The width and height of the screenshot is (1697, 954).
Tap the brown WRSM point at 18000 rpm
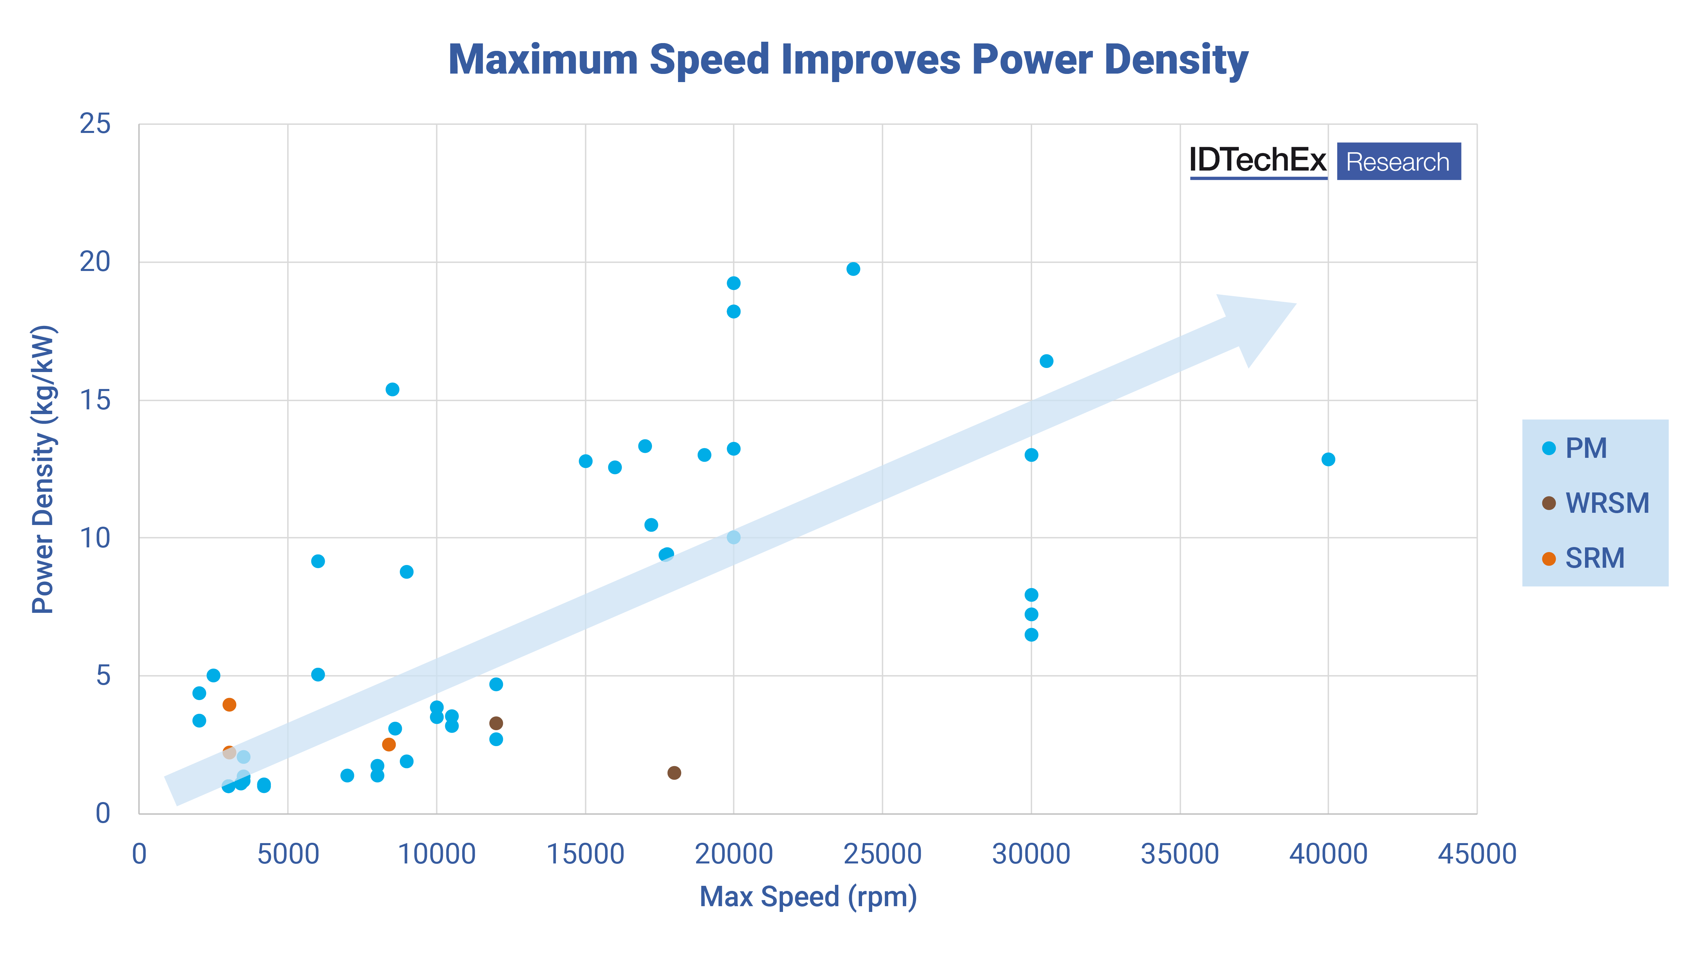674,772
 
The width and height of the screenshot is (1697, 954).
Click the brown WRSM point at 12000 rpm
496,723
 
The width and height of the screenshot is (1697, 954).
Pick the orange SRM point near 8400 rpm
389,744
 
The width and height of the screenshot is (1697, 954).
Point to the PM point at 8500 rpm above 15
392,389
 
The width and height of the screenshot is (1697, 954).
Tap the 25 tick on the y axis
95,124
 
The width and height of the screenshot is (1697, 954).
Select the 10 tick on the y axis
95,538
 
